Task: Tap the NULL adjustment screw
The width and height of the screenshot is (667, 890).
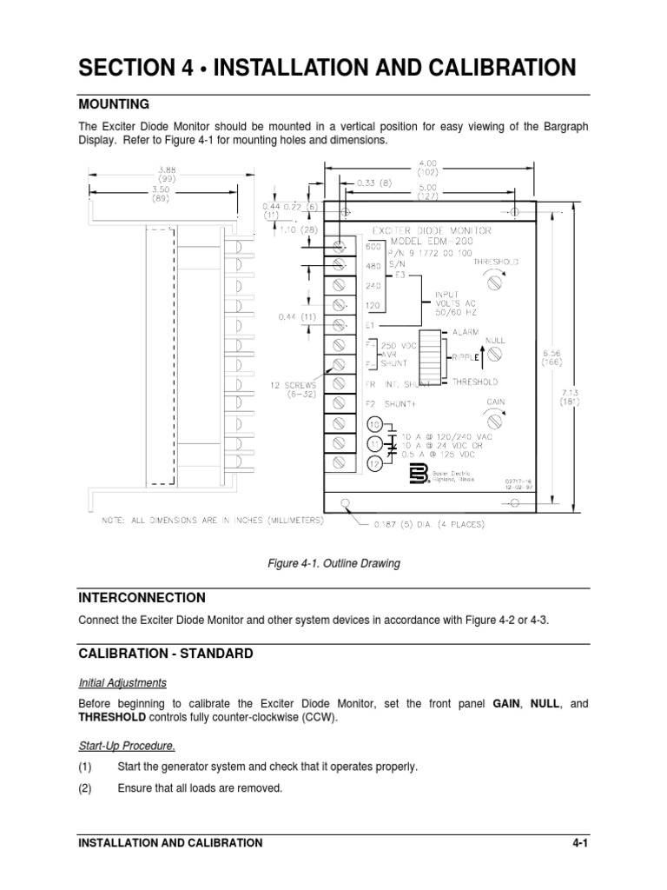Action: (x=496, y=354)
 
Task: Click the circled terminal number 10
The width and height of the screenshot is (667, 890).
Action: (x=374, y=425)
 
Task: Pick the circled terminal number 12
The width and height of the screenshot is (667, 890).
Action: (x=374, y=463)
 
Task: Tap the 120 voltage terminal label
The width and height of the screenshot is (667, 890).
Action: (x=374, y=306)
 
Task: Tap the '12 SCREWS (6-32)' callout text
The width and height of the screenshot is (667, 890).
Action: (x=294, y=387)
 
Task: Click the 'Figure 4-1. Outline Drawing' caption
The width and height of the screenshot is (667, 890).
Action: (x=333, y=563)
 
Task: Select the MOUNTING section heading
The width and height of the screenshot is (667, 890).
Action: (x=114, y=103)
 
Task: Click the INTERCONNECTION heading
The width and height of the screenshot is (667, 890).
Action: (x=142, y=598)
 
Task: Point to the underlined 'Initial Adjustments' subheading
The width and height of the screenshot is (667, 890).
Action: (x=122, y=682)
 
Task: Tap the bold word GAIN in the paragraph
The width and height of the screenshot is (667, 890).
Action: (x=510, y=703)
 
